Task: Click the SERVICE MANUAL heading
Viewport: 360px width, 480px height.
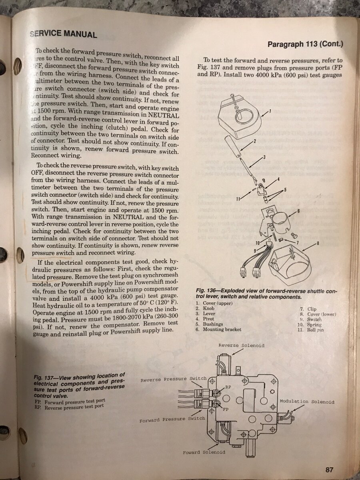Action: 63,34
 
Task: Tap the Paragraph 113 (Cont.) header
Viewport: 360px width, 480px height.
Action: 305,44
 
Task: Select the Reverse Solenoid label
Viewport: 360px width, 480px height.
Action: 241,345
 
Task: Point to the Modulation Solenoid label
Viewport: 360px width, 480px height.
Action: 307,402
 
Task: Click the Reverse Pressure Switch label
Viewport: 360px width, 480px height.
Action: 173,379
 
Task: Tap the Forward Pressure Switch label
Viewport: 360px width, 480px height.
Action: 172,420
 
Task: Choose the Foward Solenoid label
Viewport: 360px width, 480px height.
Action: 204,452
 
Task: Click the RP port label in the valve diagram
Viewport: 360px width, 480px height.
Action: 228,387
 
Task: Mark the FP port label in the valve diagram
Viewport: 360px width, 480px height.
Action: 226,409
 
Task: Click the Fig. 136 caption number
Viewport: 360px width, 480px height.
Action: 206,291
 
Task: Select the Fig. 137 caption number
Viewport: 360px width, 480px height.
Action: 44,377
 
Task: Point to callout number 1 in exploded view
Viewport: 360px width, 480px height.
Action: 270,111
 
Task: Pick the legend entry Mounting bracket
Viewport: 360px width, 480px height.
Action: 224,330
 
